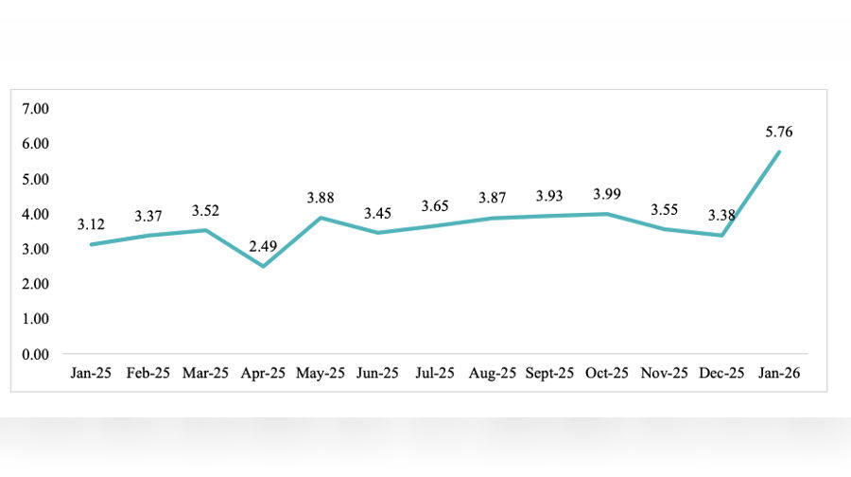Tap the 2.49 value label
[x=264, y=248]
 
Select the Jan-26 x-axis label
[x=779, y=373]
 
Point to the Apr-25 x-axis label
[x=264, y=373]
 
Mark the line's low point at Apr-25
[x=264, y=266]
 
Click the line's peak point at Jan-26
[x=779, y=151]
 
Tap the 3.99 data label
[x=606, y=194]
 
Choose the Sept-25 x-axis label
[x=549, y=373]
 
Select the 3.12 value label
[x=92, y=224]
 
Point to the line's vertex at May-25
[x=321, y=218]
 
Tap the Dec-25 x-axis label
[x=721, y=373]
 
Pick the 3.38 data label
[x=721, y=216]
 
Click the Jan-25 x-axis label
[x=92, y=373]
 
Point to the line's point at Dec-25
[x=721, y=235]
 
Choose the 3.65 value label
[x=435, y=204]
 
